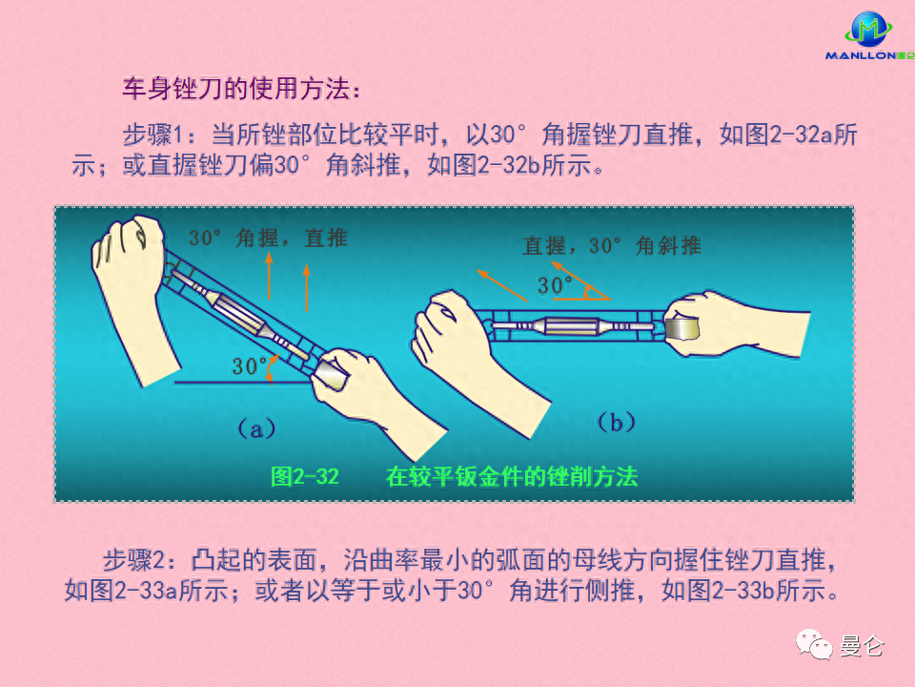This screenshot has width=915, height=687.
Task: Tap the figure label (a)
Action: (256, 429)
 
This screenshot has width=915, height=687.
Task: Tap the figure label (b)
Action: (617, 422)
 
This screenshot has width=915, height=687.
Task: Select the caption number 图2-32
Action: (305, 477)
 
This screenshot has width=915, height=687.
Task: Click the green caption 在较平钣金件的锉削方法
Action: (512, 477)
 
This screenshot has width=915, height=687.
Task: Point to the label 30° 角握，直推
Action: (269, 239)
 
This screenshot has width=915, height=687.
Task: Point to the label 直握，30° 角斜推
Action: (612, 245)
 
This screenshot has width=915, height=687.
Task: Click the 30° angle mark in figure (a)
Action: (249, 366)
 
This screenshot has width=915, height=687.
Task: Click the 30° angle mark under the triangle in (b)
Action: (555, 285)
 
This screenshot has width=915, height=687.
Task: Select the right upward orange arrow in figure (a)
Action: (306, 287)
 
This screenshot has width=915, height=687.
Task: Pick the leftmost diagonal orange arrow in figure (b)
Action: (502, 285)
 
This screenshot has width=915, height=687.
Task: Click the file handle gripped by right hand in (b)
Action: (682, 329)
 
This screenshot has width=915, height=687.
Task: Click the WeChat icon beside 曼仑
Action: (813, 644)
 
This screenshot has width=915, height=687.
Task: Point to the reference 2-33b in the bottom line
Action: (742, 591)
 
